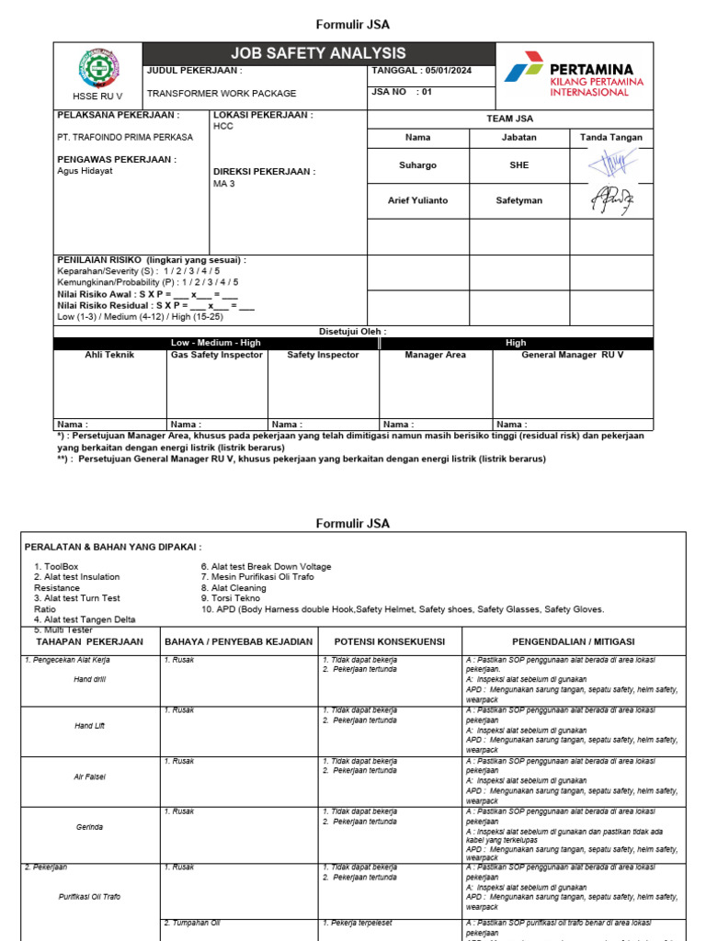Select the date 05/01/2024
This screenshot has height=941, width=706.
tap(450, 70)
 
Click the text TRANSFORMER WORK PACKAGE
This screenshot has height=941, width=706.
tap(222, 93)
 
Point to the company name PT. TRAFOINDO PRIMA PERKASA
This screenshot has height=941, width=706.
tap(125, 137)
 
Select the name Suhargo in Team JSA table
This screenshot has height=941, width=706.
tap(418, 165)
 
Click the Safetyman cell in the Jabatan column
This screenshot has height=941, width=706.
tap(519, 199)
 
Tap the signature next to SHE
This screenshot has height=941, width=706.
tap(611, 164)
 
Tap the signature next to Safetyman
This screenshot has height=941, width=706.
tap(611, 199)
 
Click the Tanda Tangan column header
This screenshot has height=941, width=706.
tap(611, 137)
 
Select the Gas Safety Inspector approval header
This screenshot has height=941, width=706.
tap(217, 355)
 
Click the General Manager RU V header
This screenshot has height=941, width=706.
tap(573, 355)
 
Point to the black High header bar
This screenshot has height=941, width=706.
tap(516, 343)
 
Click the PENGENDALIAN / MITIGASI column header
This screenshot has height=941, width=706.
tap(573, 641)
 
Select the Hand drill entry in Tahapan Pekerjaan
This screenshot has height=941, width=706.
tap(90, 679)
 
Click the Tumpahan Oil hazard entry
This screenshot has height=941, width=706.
tap(192, 923)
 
